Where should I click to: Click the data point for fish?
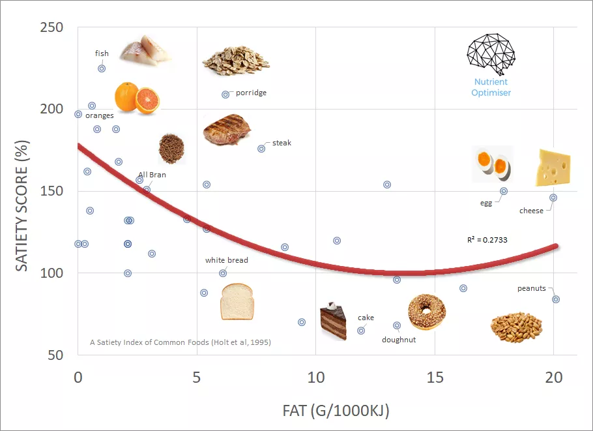pos(102,68)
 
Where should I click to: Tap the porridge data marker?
pos(225,95)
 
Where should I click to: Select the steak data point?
pos(261,149)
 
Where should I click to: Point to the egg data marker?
pos(504,191)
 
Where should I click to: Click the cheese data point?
pos(553,198)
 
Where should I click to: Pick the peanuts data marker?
pos(556,299)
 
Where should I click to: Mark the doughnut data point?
pos(397,325)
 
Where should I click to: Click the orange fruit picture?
pos(136,98)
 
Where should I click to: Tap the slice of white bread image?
pos(236,301)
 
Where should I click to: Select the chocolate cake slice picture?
pos(333,321)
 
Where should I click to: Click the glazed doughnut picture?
pos(427,312)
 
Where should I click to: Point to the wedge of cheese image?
pos(553,168)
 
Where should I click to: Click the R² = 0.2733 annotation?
pos(487,240)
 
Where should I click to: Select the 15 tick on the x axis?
pos(435,378)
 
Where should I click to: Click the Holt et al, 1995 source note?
pos(181,342)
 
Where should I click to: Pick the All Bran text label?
pos(152,175)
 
